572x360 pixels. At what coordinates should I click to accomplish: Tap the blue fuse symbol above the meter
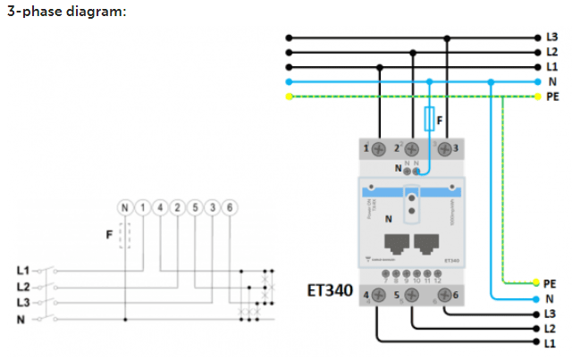pyautogui.click(x=430, y=118)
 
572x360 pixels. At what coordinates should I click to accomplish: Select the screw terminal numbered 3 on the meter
pyautogui.click(x=445, y=147)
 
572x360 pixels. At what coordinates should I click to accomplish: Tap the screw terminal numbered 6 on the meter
pyautogui.click(x=444, y=294)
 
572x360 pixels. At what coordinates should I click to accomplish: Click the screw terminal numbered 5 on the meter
pyautogui.click(x=411, y=294)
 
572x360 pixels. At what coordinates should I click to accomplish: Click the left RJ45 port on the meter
pyautogui.click(x=393, y=243)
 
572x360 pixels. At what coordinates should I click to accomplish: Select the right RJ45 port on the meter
pyautogui.click(x=428, y=243)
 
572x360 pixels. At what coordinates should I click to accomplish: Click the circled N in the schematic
pyautogui.click(x=124, y=208)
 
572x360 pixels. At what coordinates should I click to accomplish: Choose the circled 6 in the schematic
pyautogui.click(x=230, y=208)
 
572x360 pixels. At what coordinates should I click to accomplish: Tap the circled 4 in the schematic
pyautogui.click(x=160, y=208)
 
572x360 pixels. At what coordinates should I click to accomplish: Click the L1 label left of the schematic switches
pyautogui.click(x=23, y=270)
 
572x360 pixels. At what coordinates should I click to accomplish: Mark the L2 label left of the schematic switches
pyautogui.click(x=23, y=287)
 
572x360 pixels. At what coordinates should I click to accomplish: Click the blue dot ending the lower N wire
pyautogui.click(x=537, y=298)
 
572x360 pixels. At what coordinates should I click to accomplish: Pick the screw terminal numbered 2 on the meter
pyautogui.click(x=411, y=147)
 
